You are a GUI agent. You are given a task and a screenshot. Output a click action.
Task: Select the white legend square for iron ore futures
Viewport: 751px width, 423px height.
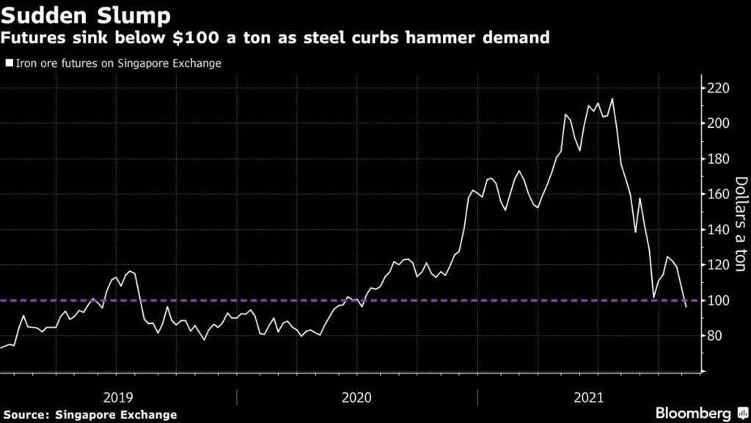tap(9, 63)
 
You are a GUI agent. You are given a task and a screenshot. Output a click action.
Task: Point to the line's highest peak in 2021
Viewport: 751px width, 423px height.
tap(612, 98)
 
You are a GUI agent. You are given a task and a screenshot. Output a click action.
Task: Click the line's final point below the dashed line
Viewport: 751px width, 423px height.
tap(686, 306)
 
